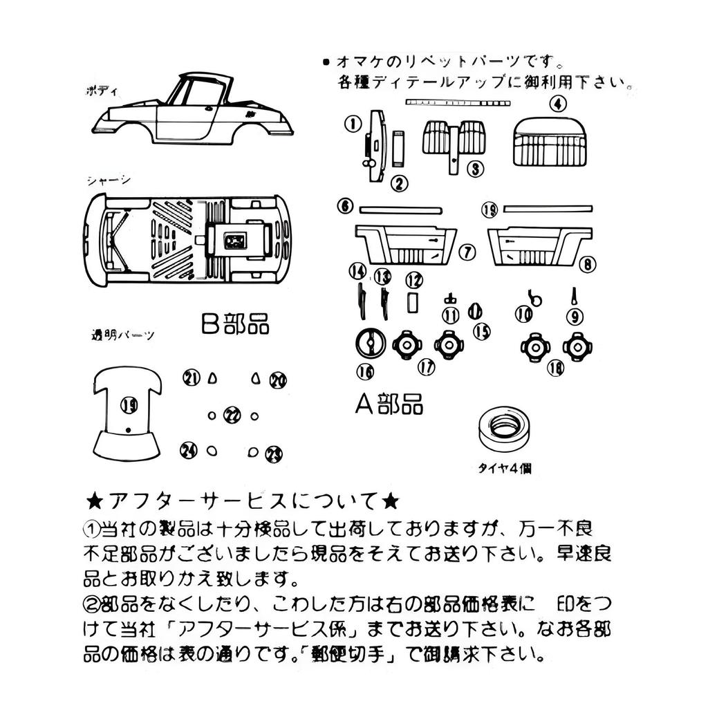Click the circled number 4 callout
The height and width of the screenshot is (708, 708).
click(558, 104)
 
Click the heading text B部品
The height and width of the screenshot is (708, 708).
click(235, 324)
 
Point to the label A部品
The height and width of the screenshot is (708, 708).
click(389, 404)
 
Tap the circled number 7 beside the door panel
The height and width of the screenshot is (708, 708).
click(467, 252)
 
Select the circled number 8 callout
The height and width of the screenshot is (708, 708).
click(587, 263)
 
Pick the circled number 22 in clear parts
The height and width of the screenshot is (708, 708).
click(233, 416)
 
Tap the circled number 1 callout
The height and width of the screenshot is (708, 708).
click(353, 124)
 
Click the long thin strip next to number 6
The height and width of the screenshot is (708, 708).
click(400, 207)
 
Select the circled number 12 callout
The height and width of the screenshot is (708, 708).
click(413, 280)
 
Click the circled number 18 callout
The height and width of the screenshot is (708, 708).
click(555, 368)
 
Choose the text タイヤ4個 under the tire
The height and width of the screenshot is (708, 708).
click(505, 468)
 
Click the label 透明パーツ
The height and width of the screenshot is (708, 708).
click(122, 336)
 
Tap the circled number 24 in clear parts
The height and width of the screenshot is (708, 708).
click(188, 450)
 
